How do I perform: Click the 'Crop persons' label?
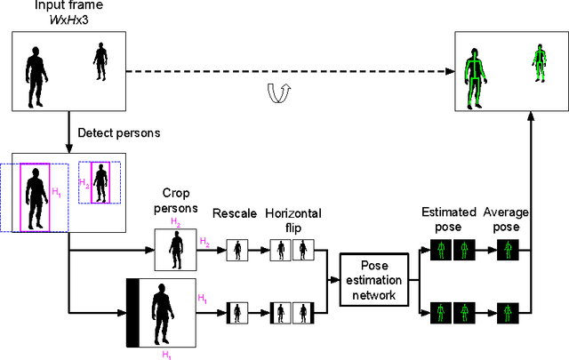pos(180,201)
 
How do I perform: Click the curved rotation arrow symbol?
pos(278,89)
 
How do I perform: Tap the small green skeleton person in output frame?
pos(539,60)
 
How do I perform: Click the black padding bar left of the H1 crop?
pos(132,312)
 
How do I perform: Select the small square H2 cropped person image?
pos(174,250)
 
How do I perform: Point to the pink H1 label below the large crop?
pos(164,354)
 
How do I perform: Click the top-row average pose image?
pos(507,251)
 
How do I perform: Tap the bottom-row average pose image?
pos(507,313)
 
